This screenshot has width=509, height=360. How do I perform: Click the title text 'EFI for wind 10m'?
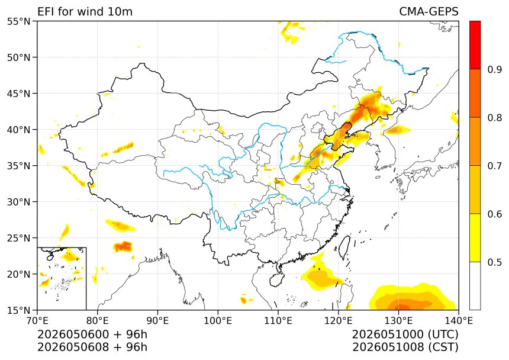pyautogui.click(x=85, y=12)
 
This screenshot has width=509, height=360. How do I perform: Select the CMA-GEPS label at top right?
pyautogui.click(x=429, y=12)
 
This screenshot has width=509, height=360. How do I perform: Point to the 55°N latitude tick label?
pyautogui.click(x=18, y=21)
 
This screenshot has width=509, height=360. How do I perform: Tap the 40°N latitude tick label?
pyautogui.click(x=18, y=130)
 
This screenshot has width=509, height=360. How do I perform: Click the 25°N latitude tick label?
pyautogui.click(x=18, y=238)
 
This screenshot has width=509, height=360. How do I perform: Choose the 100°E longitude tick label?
pyautogui.click(x=218, y=321)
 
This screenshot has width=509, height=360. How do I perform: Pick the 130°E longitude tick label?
pyautogui.click(x=399, y=321)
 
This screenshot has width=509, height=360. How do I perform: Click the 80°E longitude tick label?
pyautogui.click(x=98, y=321)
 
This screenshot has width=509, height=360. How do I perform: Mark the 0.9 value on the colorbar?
pyautogui.click(x=494, y=69)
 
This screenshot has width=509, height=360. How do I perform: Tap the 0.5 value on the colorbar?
pyautogui.click(x=494, y=262)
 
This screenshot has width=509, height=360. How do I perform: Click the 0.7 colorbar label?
pyautogui.click(x=494, y=166)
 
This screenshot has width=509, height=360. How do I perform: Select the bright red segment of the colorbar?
pyautogui.click(x=475, y=45)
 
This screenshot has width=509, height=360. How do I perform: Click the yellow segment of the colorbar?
pyautogui.click(x=475, y=237)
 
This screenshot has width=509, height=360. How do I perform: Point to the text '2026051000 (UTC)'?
pyautogui.click(x=405, y=335)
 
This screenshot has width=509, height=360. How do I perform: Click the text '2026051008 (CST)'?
pyautogui.click(x=405, y=348)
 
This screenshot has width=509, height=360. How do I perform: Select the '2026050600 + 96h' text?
pyautogui.click(x=92, y=335)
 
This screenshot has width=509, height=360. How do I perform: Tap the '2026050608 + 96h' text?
pyautogui.click(x=92, y=348)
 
